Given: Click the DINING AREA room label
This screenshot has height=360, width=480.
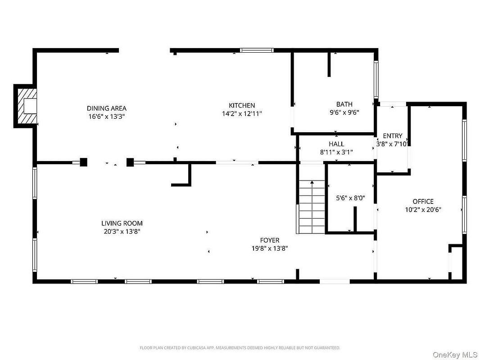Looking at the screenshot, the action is tap(107, 108).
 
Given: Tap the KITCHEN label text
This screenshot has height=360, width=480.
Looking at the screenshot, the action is tap(242, 105).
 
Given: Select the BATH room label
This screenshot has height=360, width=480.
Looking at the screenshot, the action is tap(344, 104).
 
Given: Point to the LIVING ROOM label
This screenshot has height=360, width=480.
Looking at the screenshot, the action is tap(122, 224).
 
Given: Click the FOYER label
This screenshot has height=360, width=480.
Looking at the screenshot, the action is tap(270, 240).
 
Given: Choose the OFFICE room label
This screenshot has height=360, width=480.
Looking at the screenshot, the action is tap(423, 202).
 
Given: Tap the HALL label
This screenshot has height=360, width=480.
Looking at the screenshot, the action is tap(336, 144).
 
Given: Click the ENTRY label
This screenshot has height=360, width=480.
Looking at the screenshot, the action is tap(393, 136).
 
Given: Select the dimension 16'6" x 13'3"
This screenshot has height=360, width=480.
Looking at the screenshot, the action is tap(107, 117).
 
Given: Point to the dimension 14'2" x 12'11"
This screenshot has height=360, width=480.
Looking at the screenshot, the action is tap(242, 114).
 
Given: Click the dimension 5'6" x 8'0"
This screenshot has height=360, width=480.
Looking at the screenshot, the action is tap(350, 198).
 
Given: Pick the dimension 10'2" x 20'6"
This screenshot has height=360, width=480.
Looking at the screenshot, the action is tap(423, 210).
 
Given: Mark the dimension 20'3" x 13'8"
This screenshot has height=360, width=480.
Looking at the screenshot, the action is tap(122, 232).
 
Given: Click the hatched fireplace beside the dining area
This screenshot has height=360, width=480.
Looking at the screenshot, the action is tap(26, 106).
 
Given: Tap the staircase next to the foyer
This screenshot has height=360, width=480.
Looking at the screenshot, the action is tap(312, 207).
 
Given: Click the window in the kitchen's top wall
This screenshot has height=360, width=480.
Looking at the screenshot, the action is tap(257, 50).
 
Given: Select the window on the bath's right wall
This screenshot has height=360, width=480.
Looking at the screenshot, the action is tap(376, 80).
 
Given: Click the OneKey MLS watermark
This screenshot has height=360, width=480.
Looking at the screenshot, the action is tap(455, 355).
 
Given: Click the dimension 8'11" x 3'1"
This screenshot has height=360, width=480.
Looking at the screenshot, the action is tap(336, 152).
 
